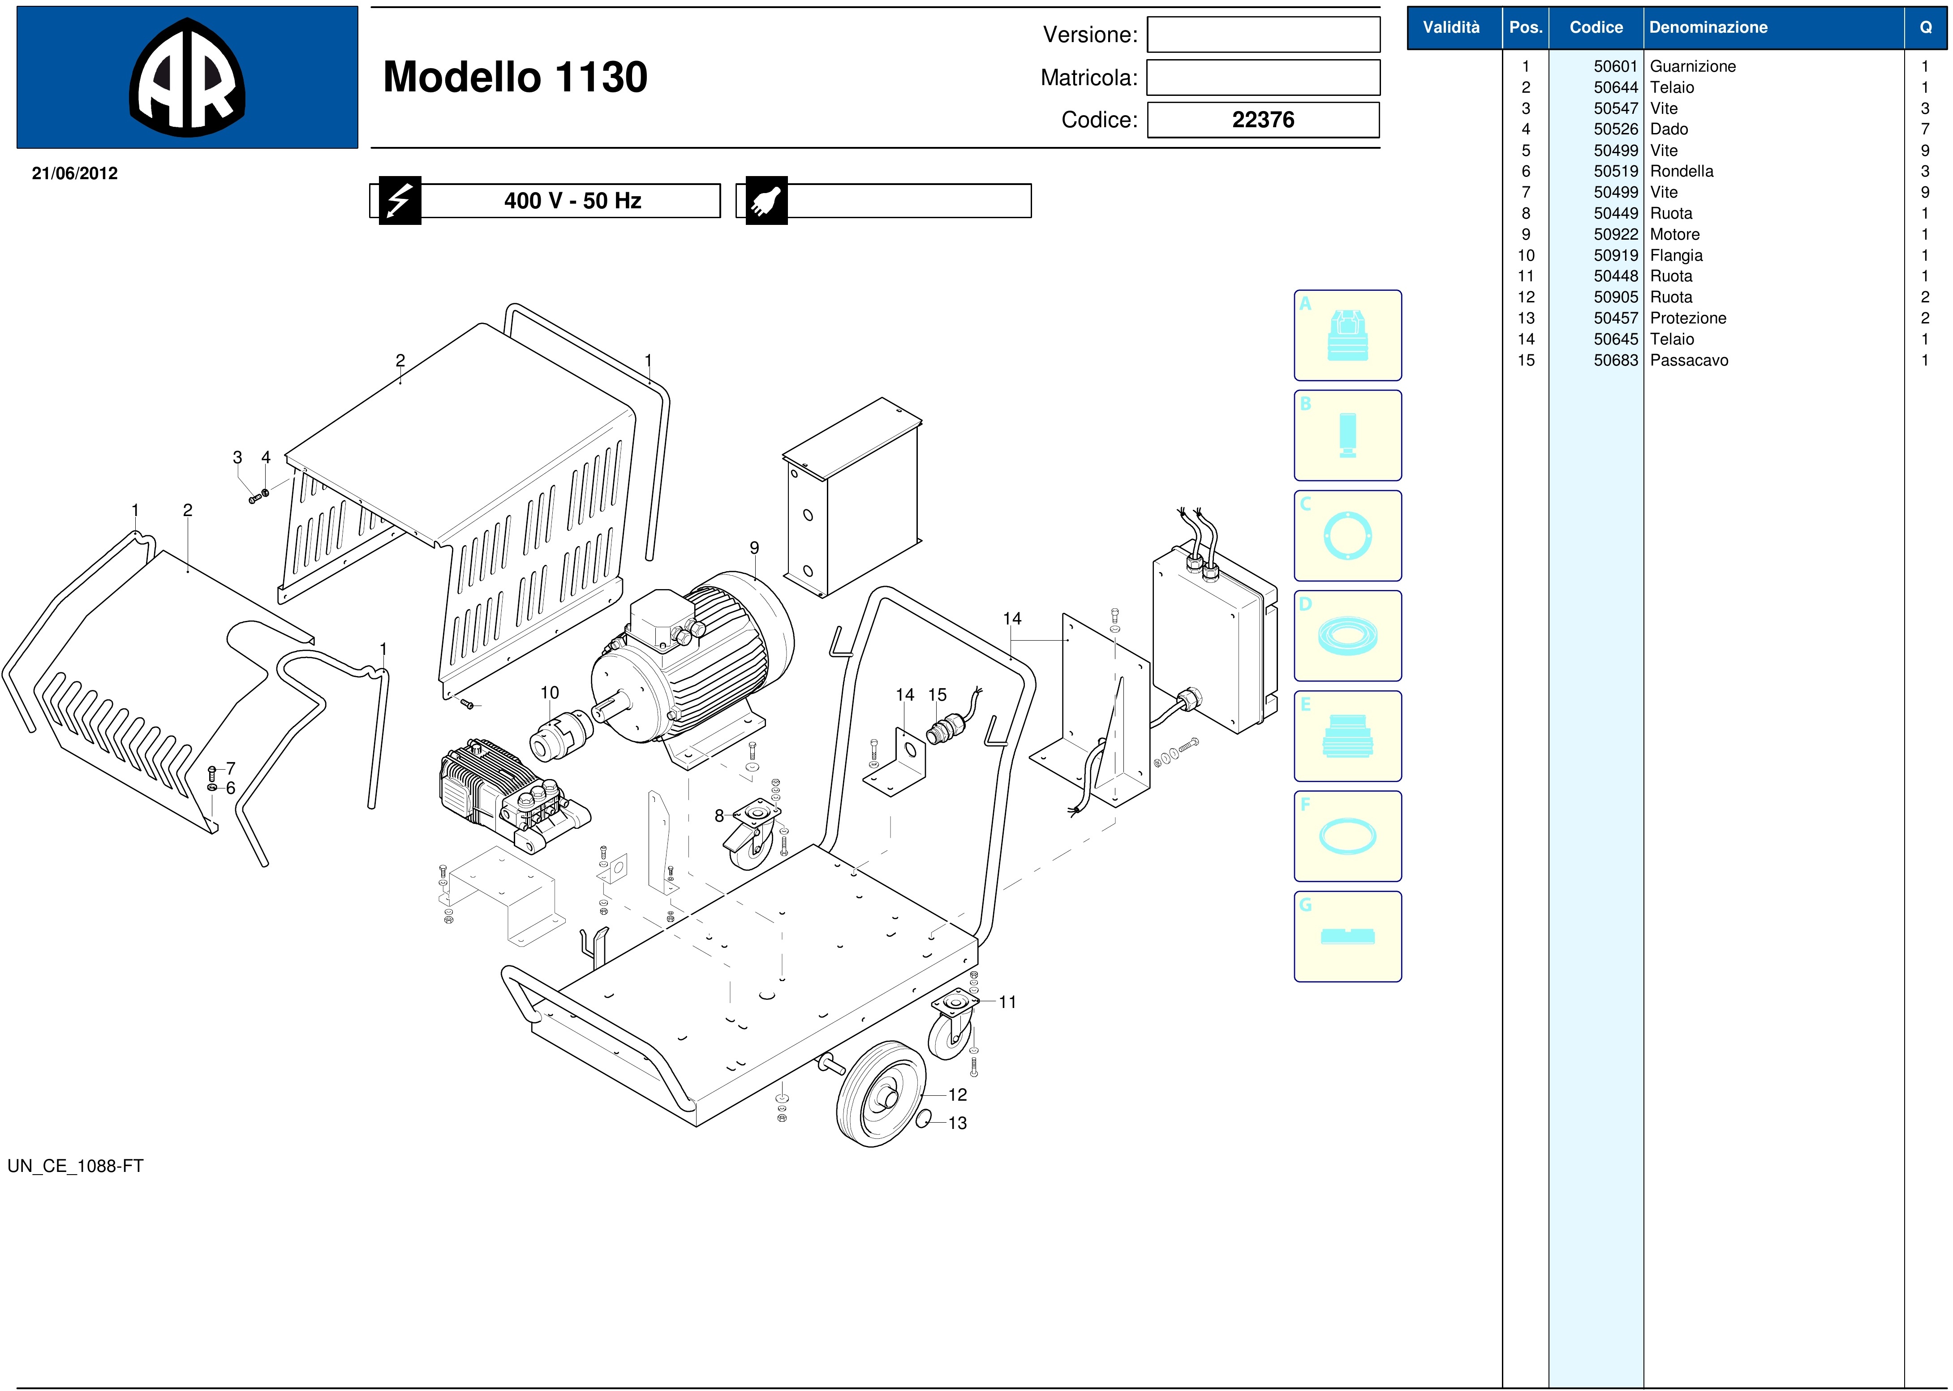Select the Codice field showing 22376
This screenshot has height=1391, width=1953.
(1263, 120)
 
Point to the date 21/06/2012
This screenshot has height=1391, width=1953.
(74, 173)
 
